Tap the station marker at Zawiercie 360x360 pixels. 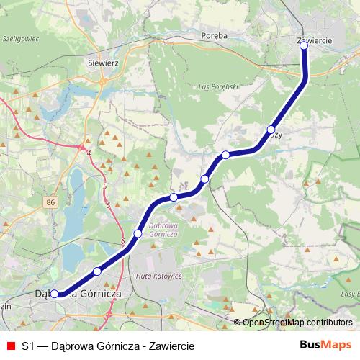point(304,45)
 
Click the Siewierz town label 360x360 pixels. point(102,63)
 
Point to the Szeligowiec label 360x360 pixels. point(19,39)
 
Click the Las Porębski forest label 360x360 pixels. point(216,87)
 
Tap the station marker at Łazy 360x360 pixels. point(271,130)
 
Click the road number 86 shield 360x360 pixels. point(49,203)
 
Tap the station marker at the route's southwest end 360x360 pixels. point(54,294)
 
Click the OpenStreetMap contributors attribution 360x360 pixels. point(297,322)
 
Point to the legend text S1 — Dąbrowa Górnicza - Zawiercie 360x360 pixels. point(108,346)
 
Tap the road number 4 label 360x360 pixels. point(89,154)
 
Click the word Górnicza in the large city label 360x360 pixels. point(95,294)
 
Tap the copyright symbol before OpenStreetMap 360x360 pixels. point(237,322)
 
